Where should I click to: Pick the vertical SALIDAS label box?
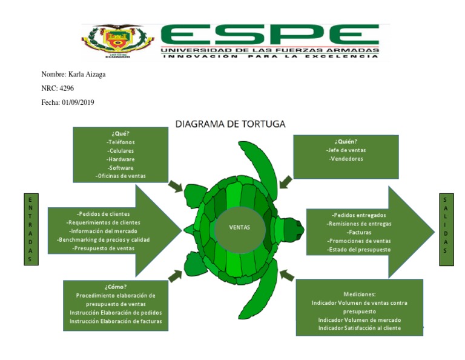coord(446,229)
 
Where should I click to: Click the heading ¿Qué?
coord(120,133)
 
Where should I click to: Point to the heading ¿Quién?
coord(346,142)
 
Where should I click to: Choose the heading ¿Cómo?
coord(115,287)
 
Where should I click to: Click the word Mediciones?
coord(360,293)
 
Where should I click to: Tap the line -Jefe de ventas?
coord(346,150)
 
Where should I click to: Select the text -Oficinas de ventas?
coord(120,176)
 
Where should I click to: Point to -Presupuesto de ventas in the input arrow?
coord(103,248)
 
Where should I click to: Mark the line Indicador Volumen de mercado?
coord(360,319)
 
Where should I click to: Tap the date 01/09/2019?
coord(78,102)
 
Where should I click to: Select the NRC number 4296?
coord(67,88)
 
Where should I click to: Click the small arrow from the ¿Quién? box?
coord(285,182)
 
